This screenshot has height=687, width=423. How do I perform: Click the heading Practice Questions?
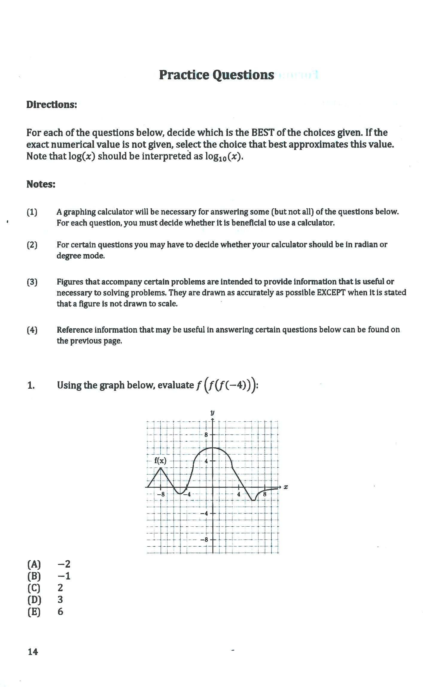coord(216,75)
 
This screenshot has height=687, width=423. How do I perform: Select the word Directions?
coord(51,105)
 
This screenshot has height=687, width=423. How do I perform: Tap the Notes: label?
coord(41,184)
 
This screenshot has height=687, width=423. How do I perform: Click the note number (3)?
coord(32,282)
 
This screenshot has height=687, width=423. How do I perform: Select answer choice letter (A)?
coord(34,564)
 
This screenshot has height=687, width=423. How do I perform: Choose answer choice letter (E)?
coord(34,612)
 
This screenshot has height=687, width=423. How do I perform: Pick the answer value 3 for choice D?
coord(60,600)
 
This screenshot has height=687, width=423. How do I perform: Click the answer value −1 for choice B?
coord(64,576)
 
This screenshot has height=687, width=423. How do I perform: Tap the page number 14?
coord(33,652)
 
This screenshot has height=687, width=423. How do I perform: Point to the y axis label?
coord(212,413)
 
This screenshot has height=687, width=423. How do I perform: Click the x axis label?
coord(286,487)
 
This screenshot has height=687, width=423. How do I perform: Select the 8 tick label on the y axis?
coord(206,435)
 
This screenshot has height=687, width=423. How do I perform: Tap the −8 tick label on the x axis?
coord(161,494)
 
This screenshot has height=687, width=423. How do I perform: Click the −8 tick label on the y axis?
coord(205,540)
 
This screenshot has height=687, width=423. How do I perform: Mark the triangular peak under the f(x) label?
coord(161,468)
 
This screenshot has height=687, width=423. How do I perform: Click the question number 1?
coord(31,386)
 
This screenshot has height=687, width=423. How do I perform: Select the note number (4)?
coord(32,330)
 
